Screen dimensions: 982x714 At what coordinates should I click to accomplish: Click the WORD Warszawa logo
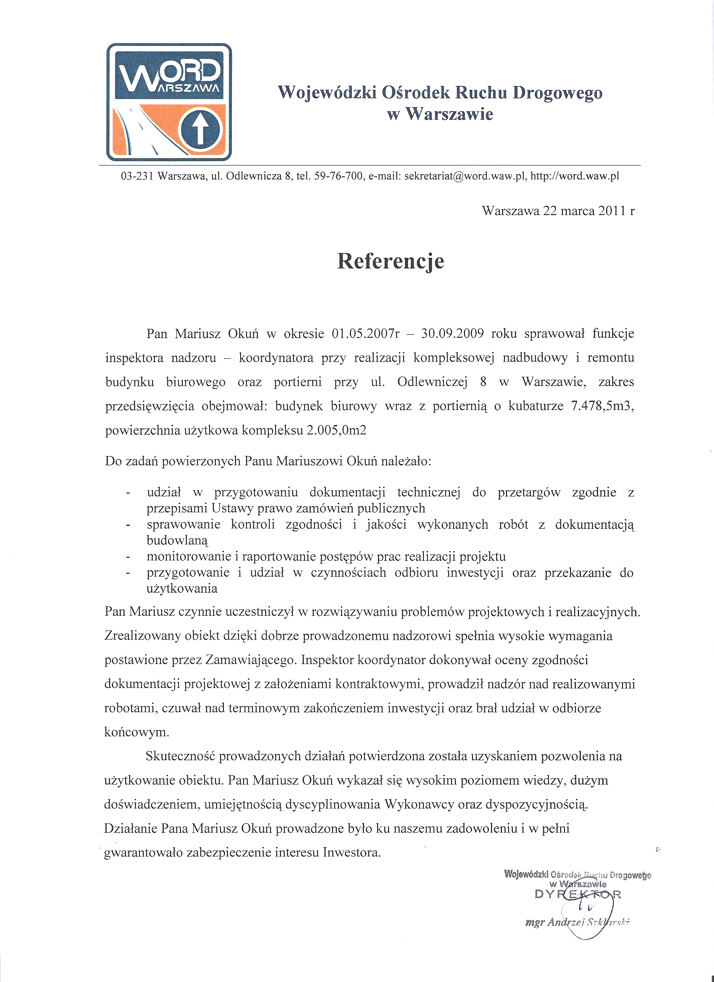[x=169, y=102]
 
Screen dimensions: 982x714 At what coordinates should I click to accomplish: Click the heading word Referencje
[x=391, y=261]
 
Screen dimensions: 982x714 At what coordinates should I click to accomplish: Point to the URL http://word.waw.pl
[x=575, y=176]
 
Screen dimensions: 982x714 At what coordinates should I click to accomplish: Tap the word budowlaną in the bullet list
[x=178, y=541]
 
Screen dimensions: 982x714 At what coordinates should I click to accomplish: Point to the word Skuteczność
[x=181, y=756]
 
